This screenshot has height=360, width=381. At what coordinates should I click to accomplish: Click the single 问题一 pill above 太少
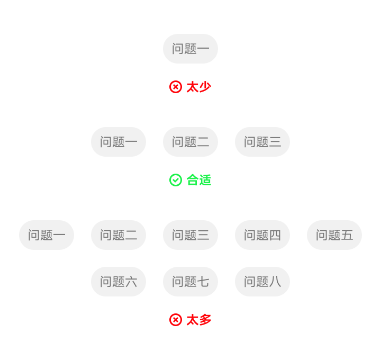(x=190, y=49)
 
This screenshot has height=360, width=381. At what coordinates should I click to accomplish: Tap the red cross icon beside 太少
(x=176, y=87)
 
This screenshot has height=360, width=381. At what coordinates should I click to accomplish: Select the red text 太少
(x=199, y=87)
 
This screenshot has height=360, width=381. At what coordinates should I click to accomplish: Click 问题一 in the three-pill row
(x=119, y=142)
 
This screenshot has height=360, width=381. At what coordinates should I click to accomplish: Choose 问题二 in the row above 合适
(x=190, y=142)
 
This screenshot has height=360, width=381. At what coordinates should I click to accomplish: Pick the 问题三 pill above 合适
(x=262, y=142)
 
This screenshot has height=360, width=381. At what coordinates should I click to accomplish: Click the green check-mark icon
(x=176, y=180)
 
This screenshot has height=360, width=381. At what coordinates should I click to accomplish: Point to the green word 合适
(x=199, y=180)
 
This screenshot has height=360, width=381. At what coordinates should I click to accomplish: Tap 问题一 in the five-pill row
(x=47, y=235)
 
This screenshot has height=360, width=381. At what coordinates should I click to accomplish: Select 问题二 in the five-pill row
(x=119, y=235)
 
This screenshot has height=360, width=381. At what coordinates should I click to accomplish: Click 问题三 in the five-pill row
(x=190, y=235)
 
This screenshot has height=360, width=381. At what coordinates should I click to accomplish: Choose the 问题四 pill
(x=262, y=235)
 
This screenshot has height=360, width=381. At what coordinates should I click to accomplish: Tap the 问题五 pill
(x=334, y=235)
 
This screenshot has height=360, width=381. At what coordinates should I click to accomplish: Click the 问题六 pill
(x=119, y=282)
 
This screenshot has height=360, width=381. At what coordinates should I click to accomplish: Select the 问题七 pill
(x=190, y=282)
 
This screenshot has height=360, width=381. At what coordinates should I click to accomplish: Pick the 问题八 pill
(x=262, y=282)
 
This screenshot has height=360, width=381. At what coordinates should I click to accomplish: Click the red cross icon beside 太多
(x=176, y=320)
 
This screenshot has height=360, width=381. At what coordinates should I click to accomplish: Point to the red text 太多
(x=199, y=320)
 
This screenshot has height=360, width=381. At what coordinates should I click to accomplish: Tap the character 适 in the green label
(x=205, y=180)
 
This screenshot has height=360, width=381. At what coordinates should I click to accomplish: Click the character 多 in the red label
(x=205, y=320)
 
